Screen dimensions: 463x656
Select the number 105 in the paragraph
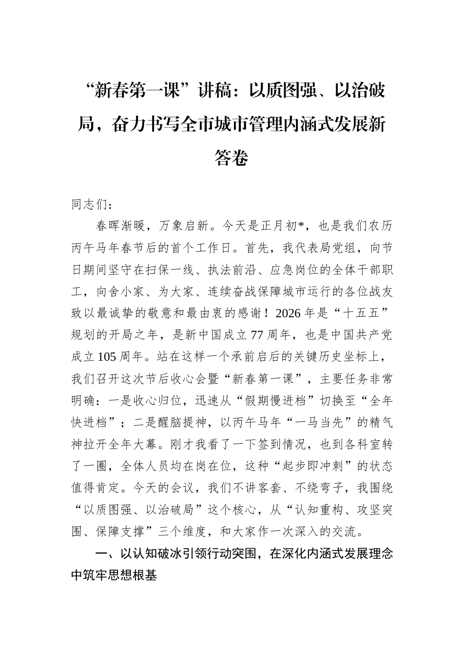107,357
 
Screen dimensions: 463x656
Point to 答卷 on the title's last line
231,157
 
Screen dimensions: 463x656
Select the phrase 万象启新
187,226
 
